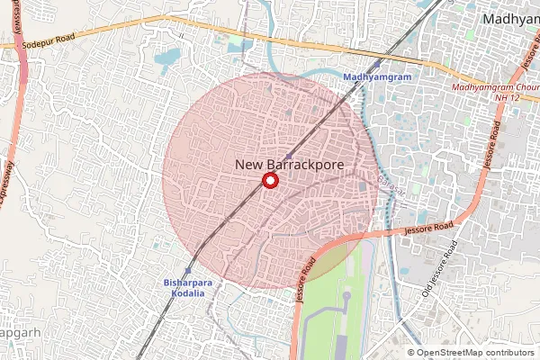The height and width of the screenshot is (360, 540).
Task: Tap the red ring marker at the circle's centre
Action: point(268,181)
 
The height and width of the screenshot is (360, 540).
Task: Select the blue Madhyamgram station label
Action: point(377,77)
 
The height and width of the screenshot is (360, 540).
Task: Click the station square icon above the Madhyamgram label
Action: point(377,65)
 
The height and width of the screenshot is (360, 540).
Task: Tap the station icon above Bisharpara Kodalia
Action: point(187,270)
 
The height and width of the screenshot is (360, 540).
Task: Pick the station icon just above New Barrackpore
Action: point(288,156)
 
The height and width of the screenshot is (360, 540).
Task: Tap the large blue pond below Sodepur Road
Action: point(167,60)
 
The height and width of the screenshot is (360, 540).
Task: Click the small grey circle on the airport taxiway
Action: point(346,294)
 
